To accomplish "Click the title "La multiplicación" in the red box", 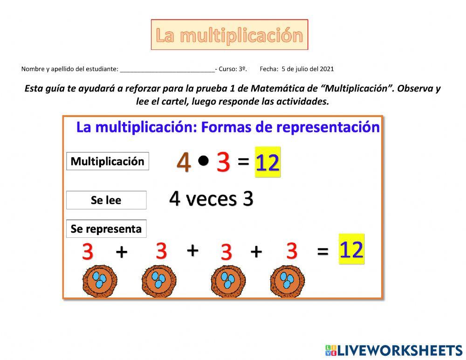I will click(x=229, y=35).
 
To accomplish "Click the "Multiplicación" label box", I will click(x=108, y=161).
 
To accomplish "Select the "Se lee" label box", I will click(x=106, y=201).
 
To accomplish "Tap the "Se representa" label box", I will click(x=106, y=229).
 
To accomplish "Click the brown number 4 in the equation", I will click(x=184, y=163).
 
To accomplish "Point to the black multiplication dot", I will click(x=203, y=160).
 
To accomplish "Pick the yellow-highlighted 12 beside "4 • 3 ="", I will click(x=267, y=162).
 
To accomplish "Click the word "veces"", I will click(x=211, y=199).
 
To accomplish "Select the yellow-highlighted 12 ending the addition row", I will click(x=351, y=249).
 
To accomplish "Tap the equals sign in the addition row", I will click(x=322, y=251).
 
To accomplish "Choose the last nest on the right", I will click(x=287, y=281).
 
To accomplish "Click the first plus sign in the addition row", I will click(x=121, y=252).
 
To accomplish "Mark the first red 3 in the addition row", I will click(x=88, y=252).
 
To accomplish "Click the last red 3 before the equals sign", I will click(x=292, y=251).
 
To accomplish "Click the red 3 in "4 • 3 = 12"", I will click(x=223, y=163).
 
